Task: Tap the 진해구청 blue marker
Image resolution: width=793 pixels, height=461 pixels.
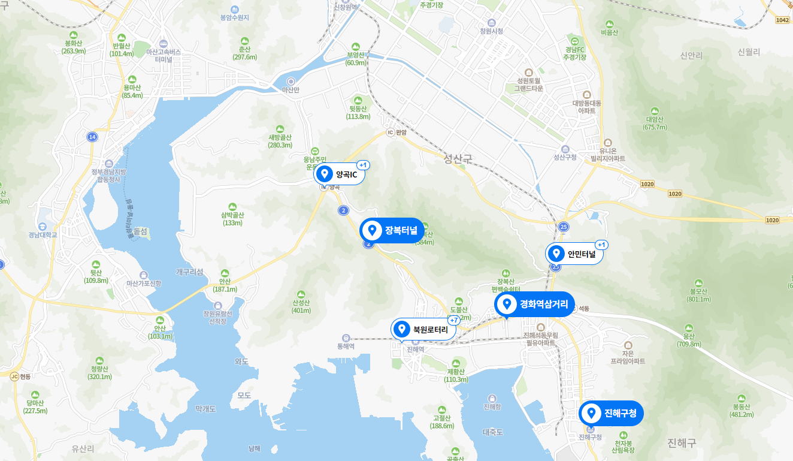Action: [x=612, y=413]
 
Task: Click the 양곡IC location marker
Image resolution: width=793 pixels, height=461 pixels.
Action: [x=339, y=174]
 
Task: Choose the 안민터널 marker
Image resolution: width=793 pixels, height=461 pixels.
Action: [x=574, y=254]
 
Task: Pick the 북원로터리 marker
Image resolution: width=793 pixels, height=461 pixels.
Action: [x=423, y=329]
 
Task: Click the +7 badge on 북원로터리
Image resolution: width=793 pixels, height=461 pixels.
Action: [x=453, y=320]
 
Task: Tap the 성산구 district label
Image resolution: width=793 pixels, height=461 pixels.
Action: [x=458, y=159]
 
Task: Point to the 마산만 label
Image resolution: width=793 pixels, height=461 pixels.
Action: [x=291, y=89]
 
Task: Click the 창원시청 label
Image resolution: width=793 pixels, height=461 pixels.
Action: [x=491, y=31]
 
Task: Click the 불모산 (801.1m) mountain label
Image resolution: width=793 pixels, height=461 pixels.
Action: [x=698, y=295]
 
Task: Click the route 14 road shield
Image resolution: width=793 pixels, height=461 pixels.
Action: [x=92, y=137]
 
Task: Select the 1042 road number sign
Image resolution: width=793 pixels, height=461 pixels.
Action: [x=782, y=20]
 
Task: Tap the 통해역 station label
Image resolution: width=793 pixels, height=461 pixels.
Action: [x=346, y=346]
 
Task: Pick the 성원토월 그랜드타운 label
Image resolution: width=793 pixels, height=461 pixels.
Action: [x=528, y=83]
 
